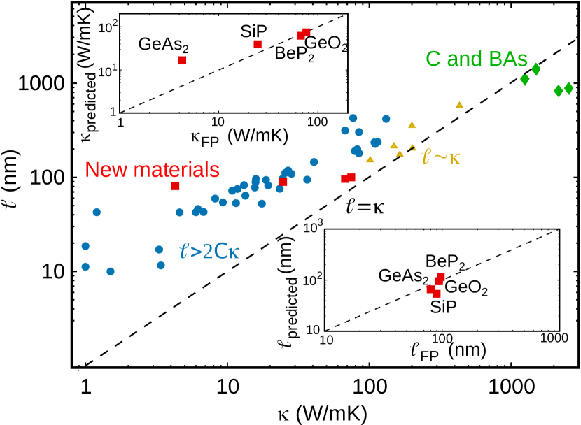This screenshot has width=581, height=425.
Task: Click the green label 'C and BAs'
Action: (x=476, y=59)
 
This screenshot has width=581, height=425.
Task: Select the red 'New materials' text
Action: (x=152, y=170)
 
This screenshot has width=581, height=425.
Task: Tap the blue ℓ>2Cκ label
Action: (x=209, y=251)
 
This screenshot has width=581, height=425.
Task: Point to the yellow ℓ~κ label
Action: (x=441, y=157)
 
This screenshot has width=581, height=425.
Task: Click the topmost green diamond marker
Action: (x=536, y=69)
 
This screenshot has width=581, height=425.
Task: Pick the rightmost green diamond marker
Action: (x=568, y=89)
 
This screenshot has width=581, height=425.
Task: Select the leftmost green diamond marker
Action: (x=525, y=80)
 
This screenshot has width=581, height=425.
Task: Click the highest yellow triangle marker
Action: (x=460, y=105)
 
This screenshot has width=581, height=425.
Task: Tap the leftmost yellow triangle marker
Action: (x=370, y=159)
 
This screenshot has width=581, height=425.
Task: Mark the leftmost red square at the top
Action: (x=182, y=61)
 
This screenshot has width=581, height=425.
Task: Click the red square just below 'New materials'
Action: (x=176, y=187)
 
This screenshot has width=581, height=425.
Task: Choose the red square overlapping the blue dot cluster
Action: (x=283, y=182)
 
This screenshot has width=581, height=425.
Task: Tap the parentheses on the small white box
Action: (x=283, y=136)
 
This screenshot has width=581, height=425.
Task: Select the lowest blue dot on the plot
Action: (x=111, y=271)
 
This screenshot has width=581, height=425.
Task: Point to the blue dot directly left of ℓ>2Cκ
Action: (x=159, y=250)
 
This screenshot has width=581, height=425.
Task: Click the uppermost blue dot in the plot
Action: (x=353, y=118)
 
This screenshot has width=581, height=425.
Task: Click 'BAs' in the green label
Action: (x=508, y=59)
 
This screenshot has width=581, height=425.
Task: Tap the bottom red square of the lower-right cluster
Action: (x=437, y=294)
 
